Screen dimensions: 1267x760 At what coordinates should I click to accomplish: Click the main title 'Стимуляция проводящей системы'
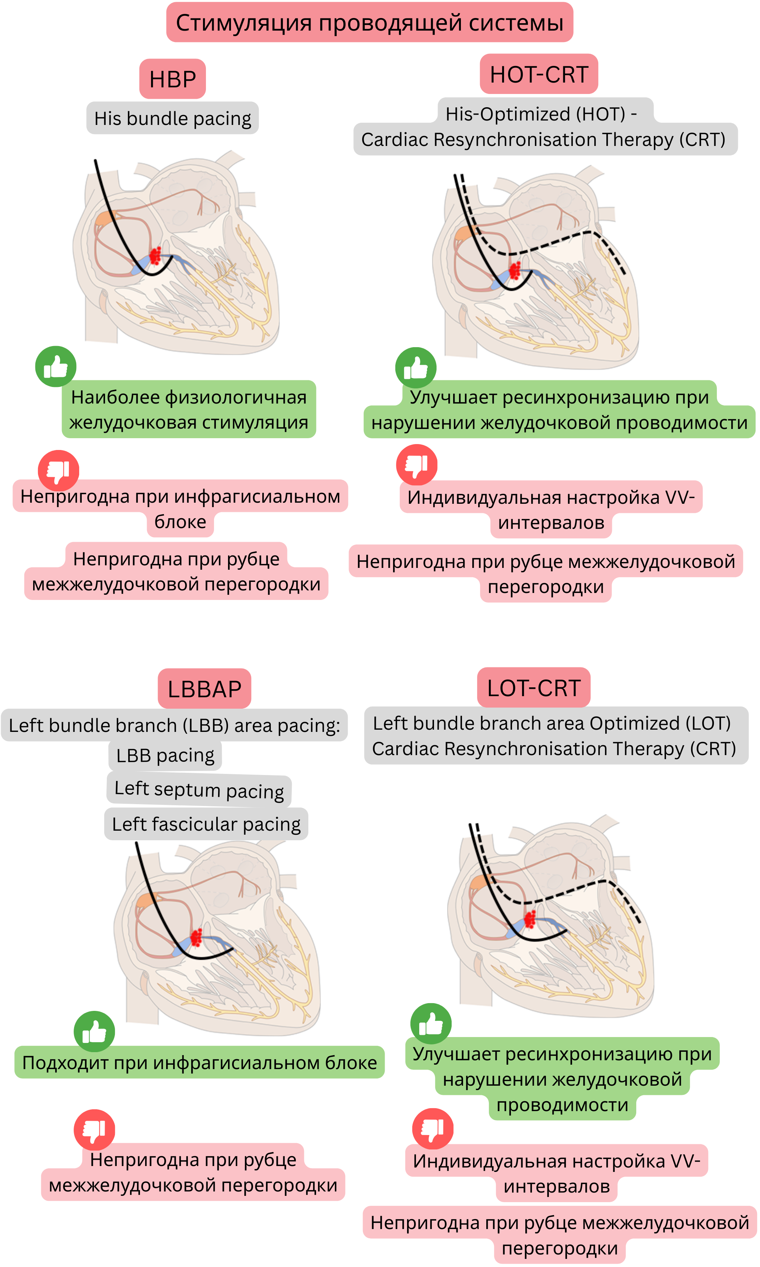click(x=369, y=22)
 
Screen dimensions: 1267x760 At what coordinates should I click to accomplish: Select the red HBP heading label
click(x=172, y=79)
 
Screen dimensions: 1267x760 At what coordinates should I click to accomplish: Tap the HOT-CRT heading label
click(x=539, y=74)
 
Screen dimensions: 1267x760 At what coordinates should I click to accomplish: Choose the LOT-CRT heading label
click(x=534, y=688)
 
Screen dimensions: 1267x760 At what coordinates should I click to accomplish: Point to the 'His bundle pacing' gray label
click(x=172, y=118)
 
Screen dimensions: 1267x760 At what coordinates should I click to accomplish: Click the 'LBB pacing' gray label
click(x=165, y=755)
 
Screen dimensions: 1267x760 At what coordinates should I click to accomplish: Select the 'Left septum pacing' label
click(x=199, y=790)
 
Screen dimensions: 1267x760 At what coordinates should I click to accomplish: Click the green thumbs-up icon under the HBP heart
click(x=56, y=367)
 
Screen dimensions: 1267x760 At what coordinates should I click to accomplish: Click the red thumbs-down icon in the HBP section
click(x=58, y=470)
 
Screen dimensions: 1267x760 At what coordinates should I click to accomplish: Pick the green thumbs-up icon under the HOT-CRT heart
click(x=416, y=368)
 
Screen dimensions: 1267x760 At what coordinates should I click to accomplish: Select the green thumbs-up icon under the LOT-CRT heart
click(x=431, y=1024)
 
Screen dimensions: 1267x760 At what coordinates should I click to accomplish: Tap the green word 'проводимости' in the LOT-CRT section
click(x=562, y=1105)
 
